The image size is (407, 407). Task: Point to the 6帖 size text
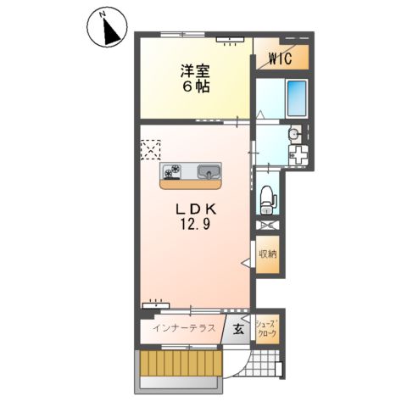tap(194, 86)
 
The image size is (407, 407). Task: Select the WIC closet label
tap(280, 58)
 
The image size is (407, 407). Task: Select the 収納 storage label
tap(267, 254)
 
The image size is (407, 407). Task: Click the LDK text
tap(193, 209)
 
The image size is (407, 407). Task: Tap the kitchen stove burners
tap(173, 171)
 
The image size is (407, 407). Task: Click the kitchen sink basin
tap(209, 172)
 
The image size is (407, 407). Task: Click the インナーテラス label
tap(182, 328)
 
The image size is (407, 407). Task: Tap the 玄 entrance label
tap(238, 329)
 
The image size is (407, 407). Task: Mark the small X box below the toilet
tap(267, 225)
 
